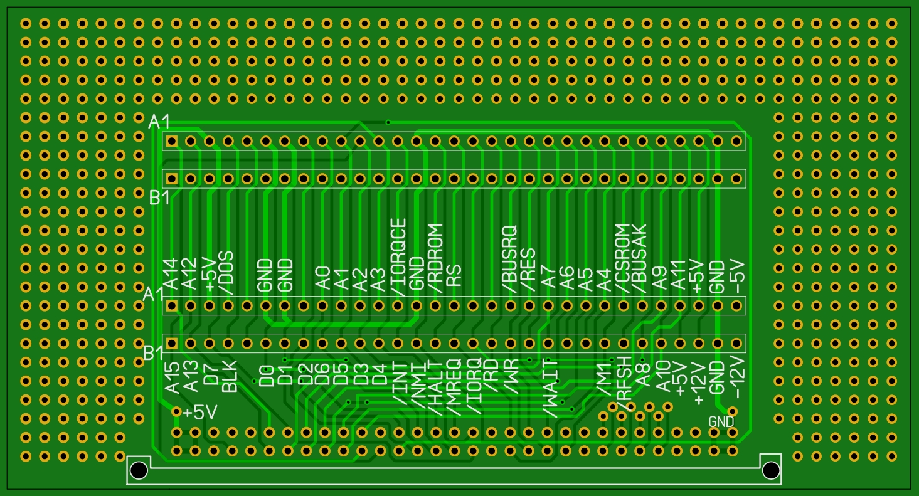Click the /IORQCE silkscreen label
point(399,257)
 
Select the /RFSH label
point(623,386)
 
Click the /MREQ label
point(454,387)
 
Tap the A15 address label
point(172,377)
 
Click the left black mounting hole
point(139,470)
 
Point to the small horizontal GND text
point(721,422)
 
